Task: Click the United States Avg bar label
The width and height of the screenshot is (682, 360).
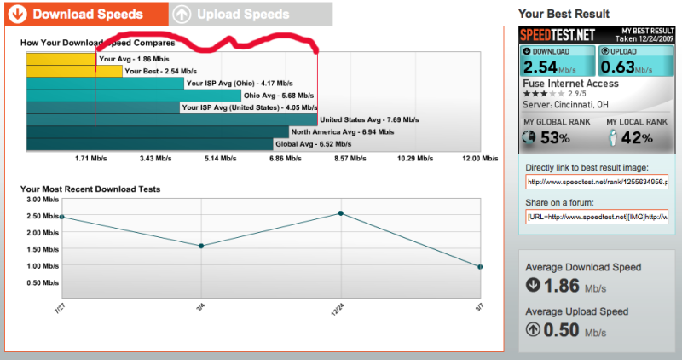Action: [x=368, y=120]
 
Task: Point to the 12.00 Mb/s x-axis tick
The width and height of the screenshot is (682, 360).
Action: [x=480, y=159]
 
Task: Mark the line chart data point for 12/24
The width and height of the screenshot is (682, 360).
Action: [x=341, y=213]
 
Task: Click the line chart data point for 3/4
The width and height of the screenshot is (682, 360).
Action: [x=201, y=246]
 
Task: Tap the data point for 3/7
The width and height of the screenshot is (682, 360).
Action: [x=480, y=267]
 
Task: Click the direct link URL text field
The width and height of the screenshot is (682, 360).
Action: [x=596, y=182]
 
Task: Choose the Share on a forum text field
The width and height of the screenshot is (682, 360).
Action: [x=596, y=218]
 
